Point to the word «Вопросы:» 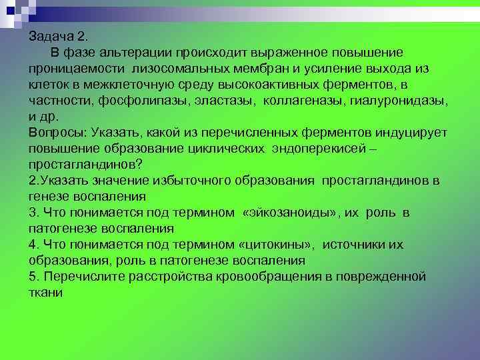pyautogui.click(x=55, y=133)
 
